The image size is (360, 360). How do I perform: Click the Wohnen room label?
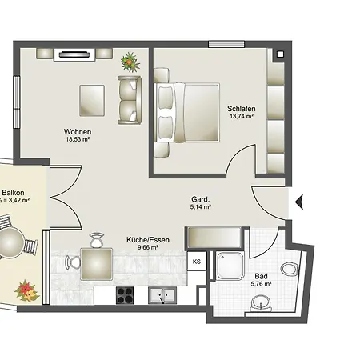click(78, 132)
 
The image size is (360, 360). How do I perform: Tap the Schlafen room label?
click(242, 109)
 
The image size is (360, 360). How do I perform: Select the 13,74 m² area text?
click(242, 116)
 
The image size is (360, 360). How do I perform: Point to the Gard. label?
click(201, 199)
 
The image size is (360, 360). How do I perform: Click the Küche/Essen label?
click(148, 240)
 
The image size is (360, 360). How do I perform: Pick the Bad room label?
click(261, 276)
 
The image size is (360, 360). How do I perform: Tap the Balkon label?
click(13, 193)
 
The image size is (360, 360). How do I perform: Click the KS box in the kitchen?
click(197, 262)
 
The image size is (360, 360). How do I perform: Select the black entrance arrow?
click(299, 202)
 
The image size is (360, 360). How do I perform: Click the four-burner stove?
click(125, 295)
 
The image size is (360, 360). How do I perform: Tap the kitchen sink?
click(162, 295)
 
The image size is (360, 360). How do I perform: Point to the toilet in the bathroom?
click(290, 270)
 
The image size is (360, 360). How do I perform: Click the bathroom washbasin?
click(261, 303)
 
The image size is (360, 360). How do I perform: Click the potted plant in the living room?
click(130, 62)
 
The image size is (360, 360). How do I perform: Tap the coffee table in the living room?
click(92, 101)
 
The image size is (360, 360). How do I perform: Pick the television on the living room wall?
click(74, 54)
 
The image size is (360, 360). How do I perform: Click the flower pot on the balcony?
click(27, 290)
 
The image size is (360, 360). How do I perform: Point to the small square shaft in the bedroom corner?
click(280, 54)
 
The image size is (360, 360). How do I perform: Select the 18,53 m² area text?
click(78, 139)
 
